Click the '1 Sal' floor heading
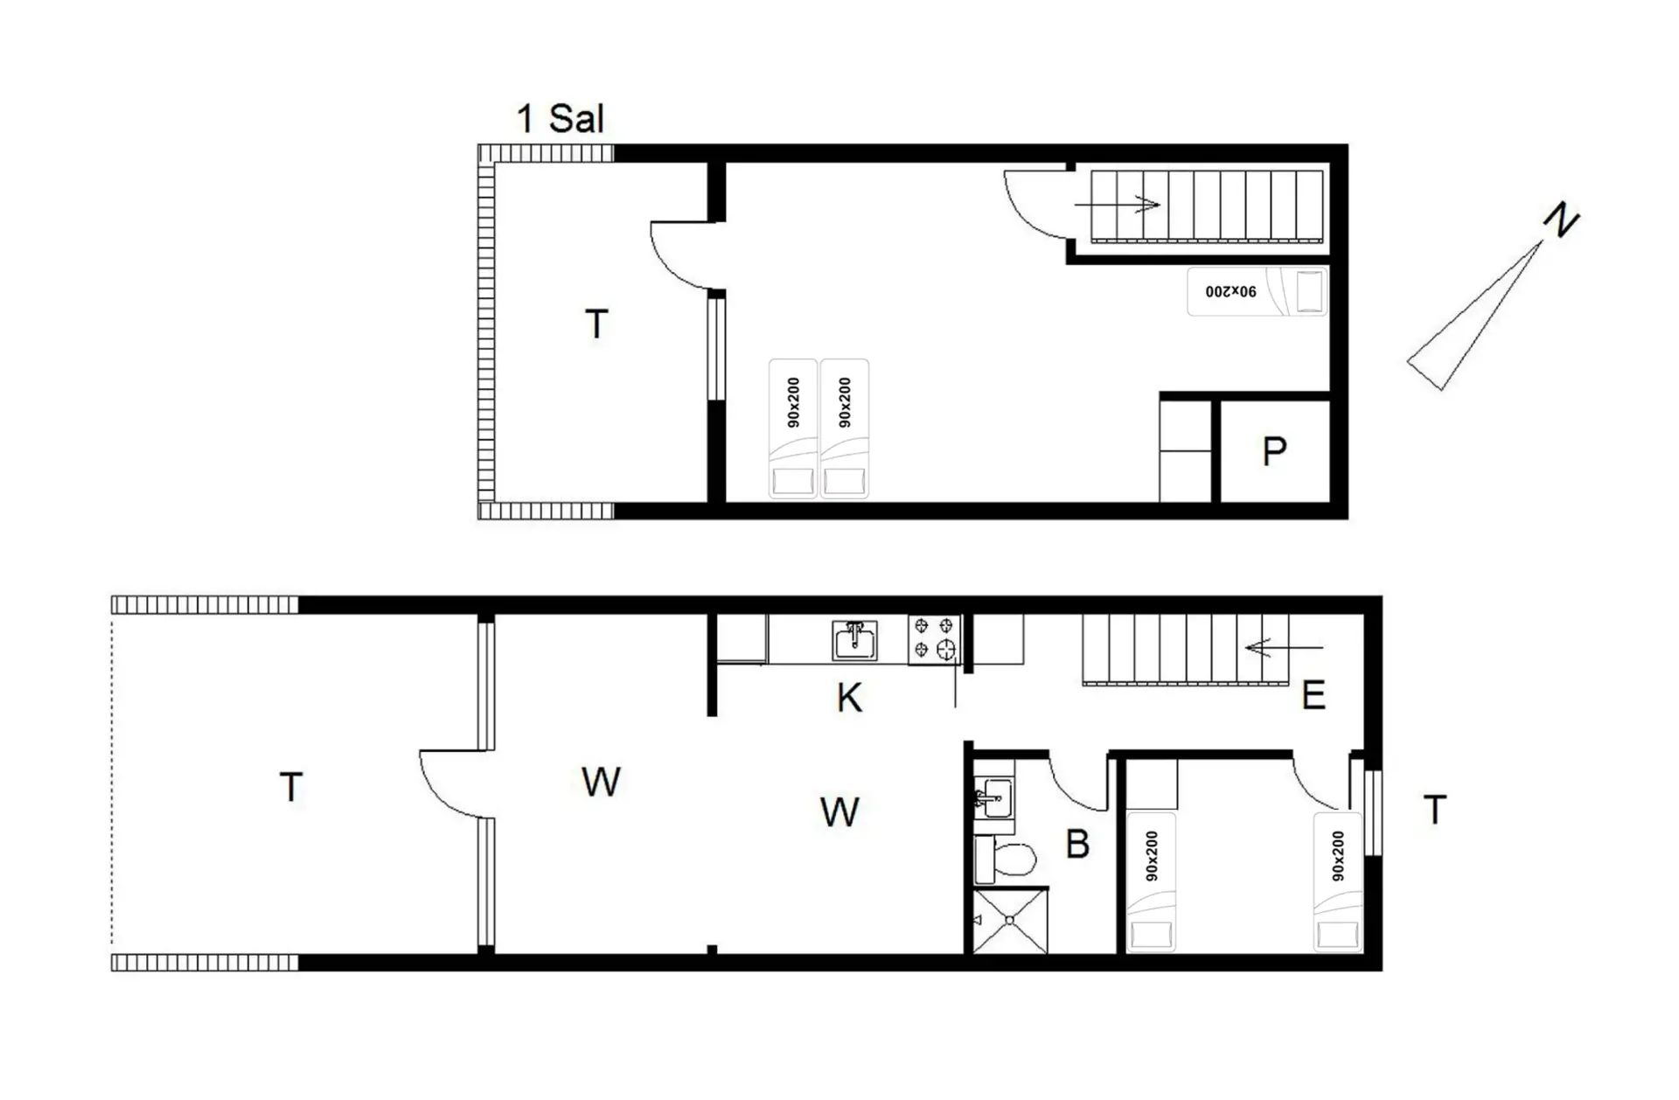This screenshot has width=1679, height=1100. (561, 119)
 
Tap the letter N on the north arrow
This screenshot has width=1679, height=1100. (1561, 219)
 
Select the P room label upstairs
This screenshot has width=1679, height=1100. (1274, 451)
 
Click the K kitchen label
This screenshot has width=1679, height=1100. (849, 698)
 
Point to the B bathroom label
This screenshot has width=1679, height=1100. (1077, 844)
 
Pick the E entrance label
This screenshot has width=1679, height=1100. (1313, 695)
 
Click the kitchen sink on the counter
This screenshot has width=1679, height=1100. (854, 640)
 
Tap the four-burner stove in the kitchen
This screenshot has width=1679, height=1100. (934, 638)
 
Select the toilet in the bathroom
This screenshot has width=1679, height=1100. (1006, 859)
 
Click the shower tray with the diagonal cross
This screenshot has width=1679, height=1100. (1010, 921)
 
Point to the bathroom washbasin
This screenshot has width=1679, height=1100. (993, 797)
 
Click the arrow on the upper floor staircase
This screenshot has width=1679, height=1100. (1118, 205)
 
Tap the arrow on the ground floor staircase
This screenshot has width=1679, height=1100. (1285, 648)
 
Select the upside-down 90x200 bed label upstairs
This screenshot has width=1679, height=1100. (1230, 291)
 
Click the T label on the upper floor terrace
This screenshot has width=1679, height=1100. (596, 324)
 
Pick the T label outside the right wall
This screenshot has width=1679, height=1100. (1435, 810)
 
